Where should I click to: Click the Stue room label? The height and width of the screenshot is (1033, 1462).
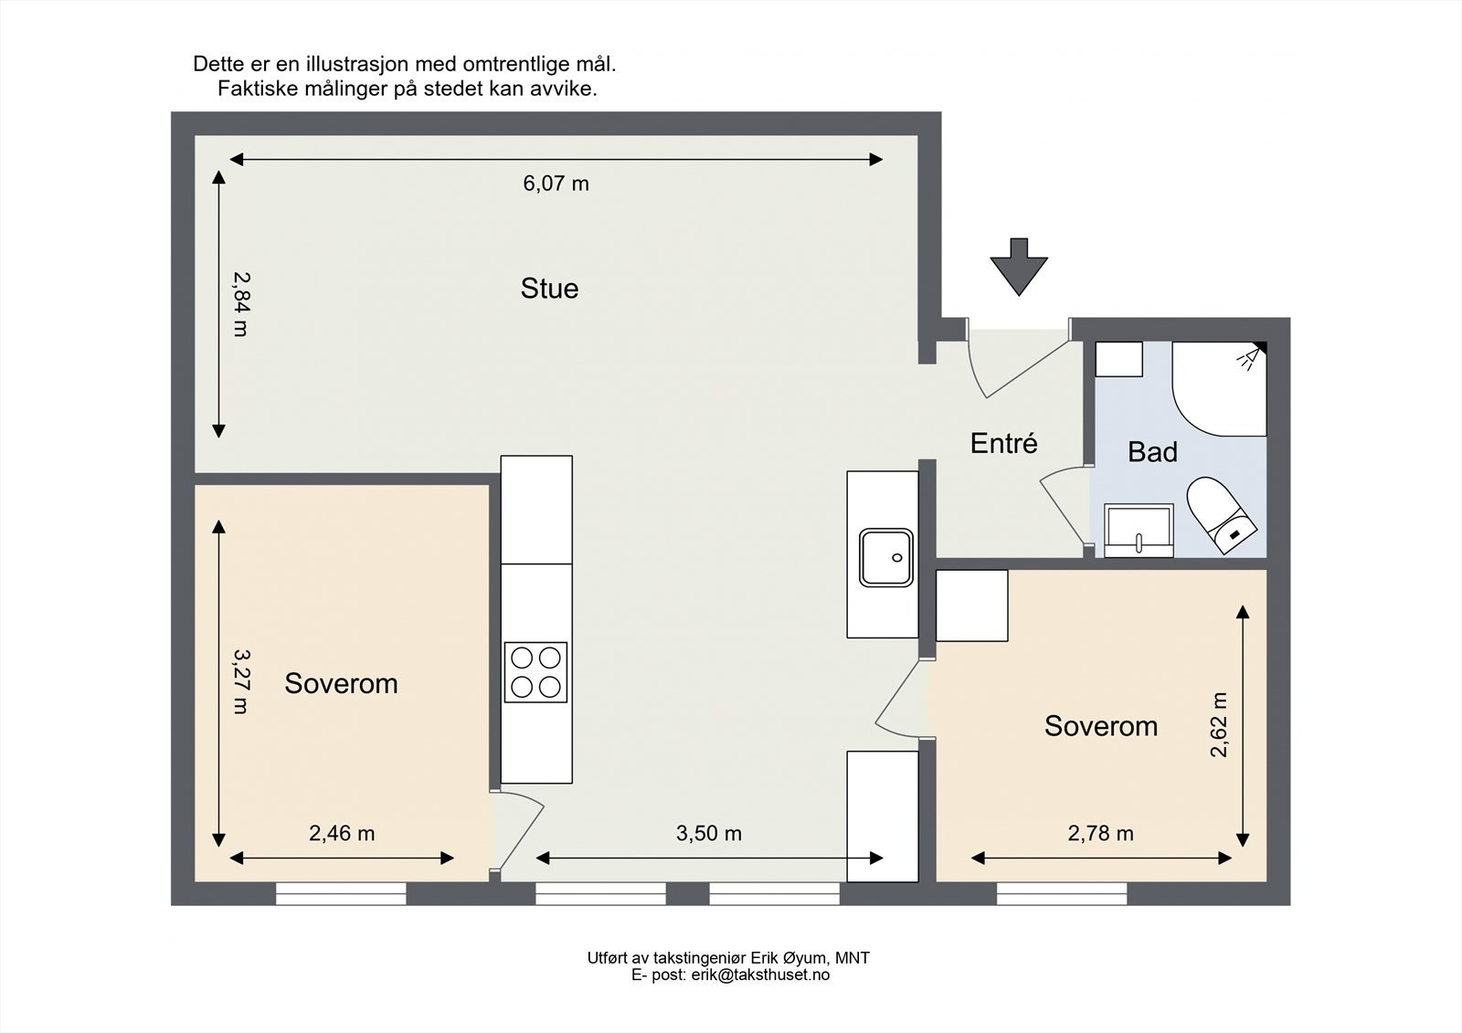point(549,289)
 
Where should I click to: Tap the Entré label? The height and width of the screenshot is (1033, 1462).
point(1004,443)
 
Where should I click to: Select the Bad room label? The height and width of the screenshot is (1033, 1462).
point(1152,452)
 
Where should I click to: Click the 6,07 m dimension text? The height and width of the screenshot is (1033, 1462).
point(556,184)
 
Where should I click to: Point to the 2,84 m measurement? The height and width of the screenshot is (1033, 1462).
point(241,304)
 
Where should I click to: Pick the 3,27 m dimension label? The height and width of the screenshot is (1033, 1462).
point(241,681)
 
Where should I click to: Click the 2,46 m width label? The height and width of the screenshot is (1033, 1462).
point(342,833)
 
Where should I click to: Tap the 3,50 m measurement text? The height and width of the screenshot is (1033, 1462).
point(709,833)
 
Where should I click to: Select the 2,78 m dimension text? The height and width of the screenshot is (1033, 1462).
point(1100,833)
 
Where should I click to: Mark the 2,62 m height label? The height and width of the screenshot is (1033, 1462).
point(1219,724)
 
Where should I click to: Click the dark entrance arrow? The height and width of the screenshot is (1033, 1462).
point(1019,267)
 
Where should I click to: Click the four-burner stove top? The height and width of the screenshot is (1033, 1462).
point(535,672)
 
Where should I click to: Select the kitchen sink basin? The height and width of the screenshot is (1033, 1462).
point(885,558)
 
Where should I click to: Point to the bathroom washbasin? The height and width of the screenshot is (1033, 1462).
point(1139,531)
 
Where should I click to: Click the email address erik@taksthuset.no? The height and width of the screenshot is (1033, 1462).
point(760,975)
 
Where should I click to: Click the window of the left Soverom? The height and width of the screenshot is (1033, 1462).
point(341,893)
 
